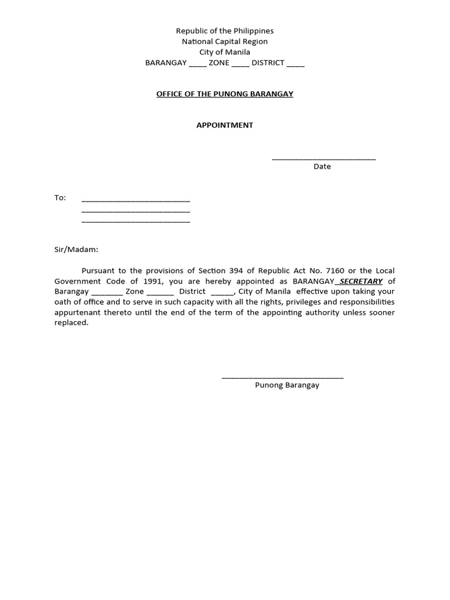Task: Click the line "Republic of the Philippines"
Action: pos(225,31)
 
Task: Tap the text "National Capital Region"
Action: pos(225,42)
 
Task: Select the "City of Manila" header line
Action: pos(225,52)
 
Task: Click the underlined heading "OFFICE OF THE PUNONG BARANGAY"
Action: pos(225,94)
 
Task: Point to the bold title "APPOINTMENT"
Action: pos(225,125)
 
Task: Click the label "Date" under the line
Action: pos(322,166)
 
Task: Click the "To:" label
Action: pos(60,198)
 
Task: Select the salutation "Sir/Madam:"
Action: pos(77,250)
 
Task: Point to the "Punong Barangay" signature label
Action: pos(287,386)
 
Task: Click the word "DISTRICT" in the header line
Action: pos(268,63)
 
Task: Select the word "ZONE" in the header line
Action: pos(219,63)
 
